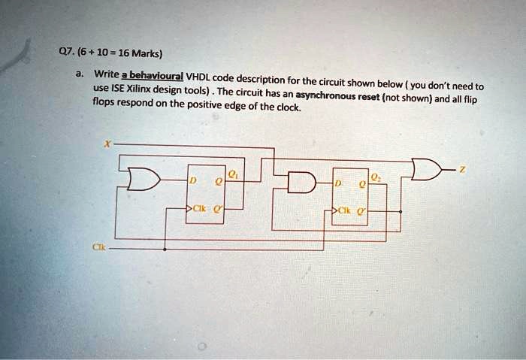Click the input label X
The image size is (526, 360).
pyautogui.click(x=107, y=144)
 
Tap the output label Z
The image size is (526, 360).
pyautogui.click(x=463, y=171)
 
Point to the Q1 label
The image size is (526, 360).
pyautogui.click(x=232, y=174)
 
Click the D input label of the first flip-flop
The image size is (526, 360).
pyautogui.click(x=192, y=181)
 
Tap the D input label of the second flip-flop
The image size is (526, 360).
pyautogui.click(x=338, y=183)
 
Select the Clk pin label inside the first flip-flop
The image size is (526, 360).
pyautogui.click(x=200, y=208)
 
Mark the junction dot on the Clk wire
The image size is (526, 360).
pyautogui.click(x=165, y=250)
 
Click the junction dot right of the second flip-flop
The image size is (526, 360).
pyautogui.click(x=401, y=212)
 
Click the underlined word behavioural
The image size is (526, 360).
pyautogui.click(x=156, y=76)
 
